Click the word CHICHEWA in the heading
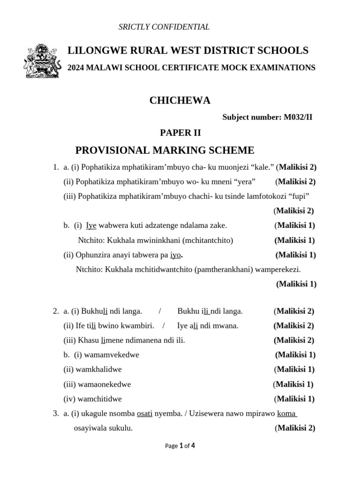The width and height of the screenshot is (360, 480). click(x=180, y=100)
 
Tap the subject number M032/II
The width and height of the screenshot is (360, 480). click(x=298, y=117)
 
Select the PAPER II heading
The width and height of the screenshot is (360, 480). click(x=180, y=133)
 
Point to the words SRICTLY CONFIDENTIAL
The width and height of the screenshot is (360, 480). click(x=164, y=27)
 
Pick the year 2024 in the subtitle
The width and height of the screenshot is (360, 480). click(x=76, y=68)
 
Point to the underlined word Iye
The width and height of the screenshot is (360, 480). click(x=91, y=225)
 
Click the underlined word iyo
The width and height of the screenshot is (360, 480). click(x=175, y=255)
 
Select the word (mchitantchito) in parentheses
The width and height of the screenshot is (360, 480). click(x=208, y=240)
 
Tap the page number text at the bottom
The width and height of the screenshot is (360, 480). click(x=180, y=446)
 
